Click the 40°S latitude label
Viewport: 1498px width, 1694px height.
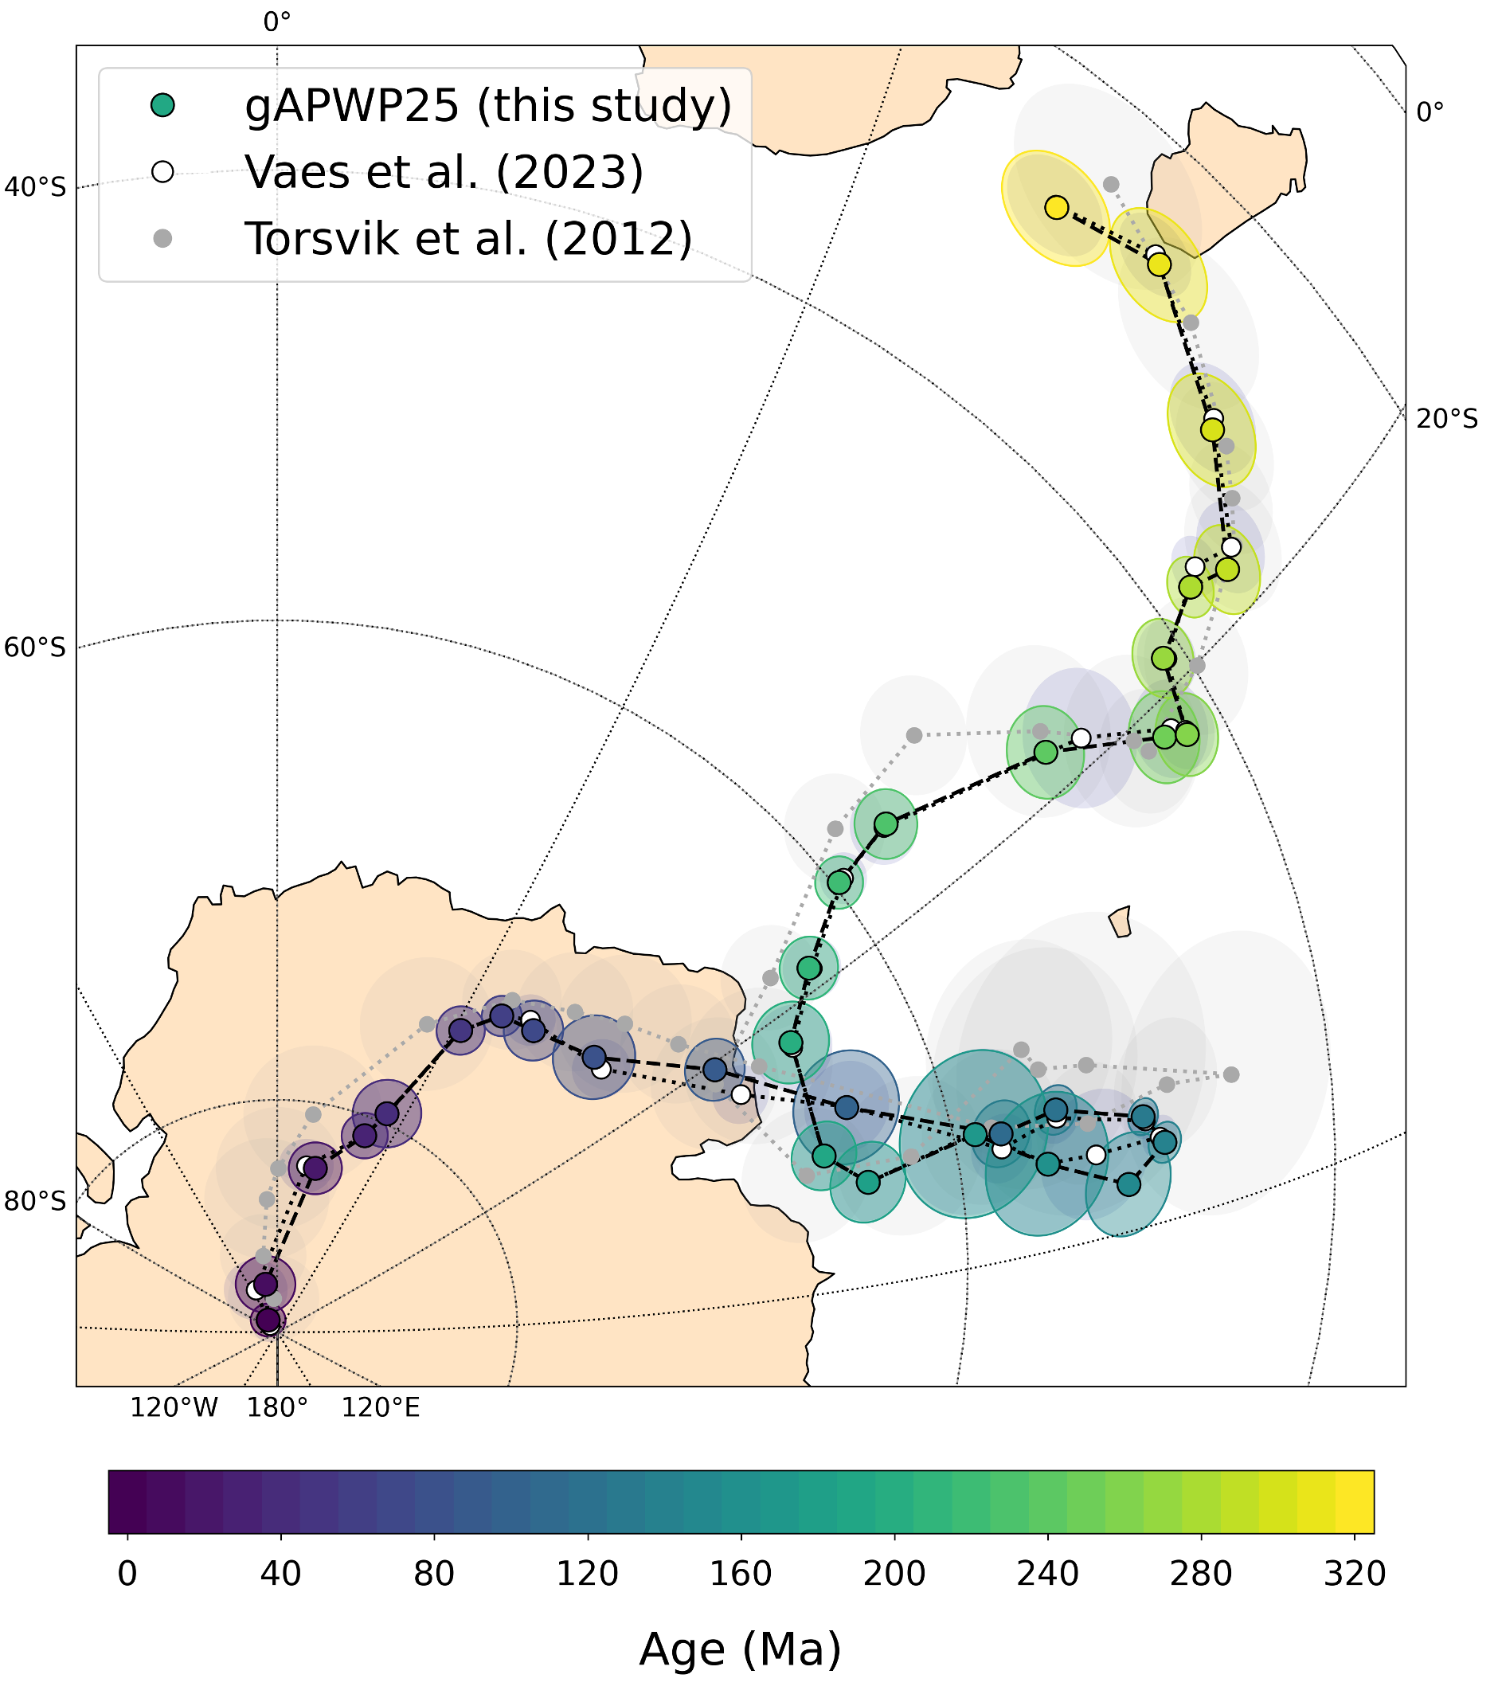[35, 187]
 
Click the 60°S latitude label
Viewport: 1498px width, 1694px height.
[35, 647]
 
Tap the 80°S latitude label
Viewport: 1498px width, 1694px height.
[35, 1201]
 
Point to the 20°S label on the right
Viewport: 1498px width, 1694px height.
[1446, 419]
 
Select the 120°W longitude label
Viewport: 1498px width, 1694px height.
[174, 1407]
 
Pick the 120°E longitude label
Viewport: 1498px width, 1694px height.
[381, 1407]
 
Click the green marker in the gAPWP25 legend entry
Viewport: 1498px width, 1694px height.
[163, 105]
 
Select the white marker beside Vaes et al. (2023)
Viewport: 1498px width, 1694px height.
[163, 171]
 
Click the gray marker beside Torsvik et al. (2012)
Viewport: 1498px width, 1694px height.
[163, 239]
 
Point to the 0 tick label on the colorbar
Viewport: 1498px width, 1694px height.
[127, 1574]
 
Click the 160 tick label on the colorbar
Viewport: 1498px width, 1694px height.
[741, 1574]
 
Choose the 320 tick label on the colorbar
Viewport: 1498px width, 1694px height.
[1355, 1574]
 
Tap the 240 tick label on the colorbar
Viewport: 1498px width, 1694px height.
[1047, 1574]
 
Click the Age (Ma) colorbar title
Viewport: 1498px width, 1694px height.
[740, 1649]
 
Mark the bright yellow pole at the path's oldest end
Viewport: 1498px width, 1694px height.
[1056, 207]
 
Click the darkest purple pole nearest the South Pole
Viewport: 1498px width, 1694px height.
[268, 1320]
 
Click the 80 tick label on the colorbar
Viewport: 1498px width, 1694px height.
[434, 1574]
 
